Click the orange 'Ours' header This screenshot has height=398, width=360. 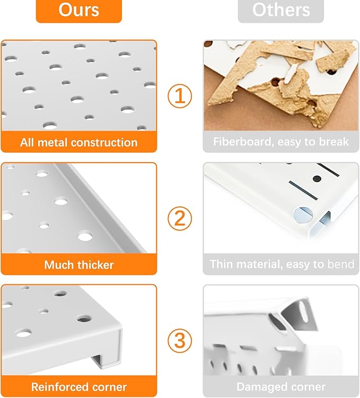click(x=78, y=10)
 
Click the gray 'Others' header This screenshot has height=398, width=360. click(x=280, y=10)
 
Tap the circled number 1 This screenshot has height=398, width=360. click(x=180, y=96)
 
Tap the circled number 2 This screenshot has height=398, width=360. click(x=180, y=218)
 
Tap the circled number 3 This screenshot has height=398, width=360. click(x=180, y=340)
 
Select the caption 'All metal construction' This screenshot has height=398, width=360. click(x=78, y=142)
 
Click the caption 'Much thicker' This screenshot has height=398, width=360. click(x=78, y=264)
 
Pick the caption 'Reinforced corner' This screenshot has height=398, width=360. click(x=78, y=387)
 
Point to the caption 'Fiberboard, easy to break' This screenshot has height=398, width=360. click(x=280, y=142)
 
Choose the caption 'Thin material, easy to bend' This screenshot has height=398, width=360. click(x=280, y=264)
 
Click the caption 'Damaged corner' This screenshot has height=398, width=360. click(x=280, y=387)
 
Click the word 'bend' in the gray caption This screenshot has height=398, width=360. click(x=340, y=264)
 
